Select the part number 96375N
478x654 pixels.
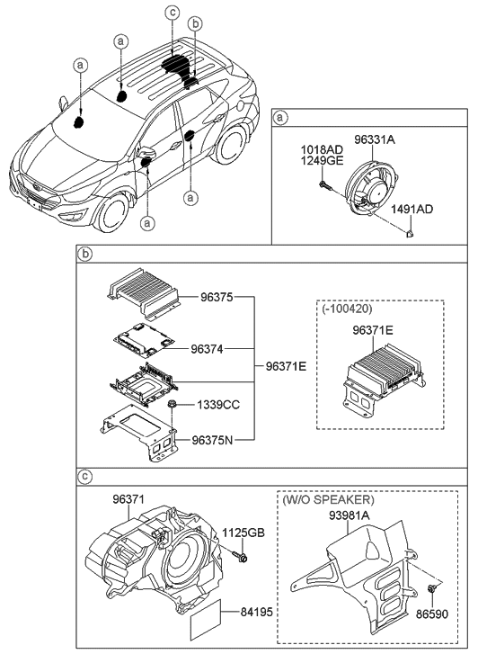point(216,441)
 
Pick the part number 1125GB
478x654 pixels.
point(243,533)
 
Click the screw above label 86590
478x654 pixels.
point(432,589)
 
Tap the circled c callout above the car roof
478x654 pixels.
point(173,13)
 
